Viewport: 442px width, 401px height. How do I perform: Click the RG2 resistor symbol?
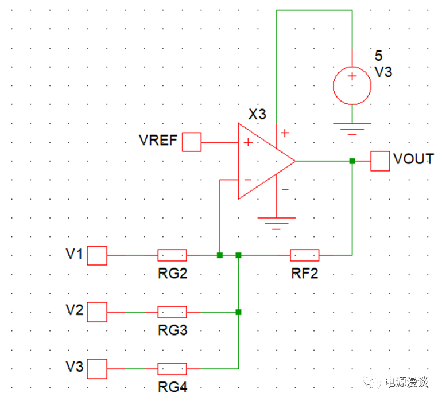click(x=172, y=255)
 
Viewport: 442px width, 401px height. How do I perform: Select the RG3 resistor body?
click(x=172, y=312)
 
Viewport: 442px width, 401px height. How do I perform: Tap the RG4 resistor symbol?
click(x=172, y=369)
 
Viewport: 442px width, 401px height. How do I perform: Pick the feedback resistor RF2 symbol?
click(x=304, y=255)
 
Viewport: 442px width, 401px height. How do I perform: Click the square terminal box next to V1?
click(x=97, y=255)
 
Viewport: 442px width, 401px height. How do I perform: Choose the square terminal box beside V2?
click(x=97, y=313)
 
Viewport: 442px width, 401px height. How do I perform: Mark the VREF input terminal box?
click(x=192, y=142)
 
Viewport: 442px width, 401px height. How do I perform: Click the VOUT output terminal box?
click(x=380, y=161)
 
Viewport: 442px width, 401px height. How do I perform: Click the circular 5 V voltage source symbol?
click(x=352, y=85)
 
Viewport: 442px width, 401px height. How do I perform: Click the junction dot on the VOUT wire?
click(x=352, y=161)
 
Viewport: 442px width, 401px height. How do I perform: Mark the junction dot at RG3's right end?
click(x=238, y=312)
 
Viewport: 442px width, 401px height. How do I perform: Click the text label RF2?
click(x=304, y=274)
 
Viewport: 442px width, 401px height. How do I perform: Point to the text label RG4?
click(x=172, y=388)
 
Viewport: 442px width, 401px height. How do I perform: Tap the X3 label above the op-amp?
click(x=257, y=114)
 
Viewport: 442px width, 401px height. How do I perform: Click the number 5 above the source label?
click(x=378, y=56)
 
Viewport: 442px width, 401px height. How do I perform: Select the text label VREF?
click(x=158, y=141)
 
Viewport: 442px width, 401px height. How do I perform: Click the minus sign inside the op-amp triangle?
click(x=248, y=180)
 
